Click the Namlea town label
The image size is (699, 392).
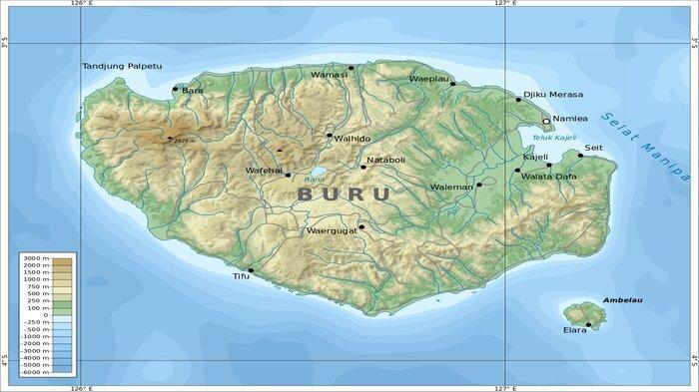click(570, 120)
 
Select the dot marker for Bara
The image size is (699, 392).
click(176, 89)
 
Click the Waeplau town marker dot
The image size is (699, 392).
click(452, 84)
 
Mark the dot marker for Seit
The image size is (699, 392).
click(580, 155)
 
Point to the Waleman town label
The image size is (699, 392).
click(451, 186)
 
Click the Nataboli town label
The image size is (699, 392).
click(385, 160)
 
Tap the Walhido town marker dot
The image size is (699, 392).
click(330, 135)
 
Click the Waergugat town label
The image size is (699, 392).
click(332, 231)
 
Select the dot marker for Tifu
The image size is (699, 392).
click(251, 269)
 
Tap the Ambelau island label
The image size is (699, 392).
click(619, 298)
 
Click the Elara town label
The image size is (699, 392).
click(574, 329)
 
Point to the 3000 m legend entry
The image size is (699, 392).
click(36, 258)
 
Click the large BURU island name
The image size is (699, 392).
click(343, 195)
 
